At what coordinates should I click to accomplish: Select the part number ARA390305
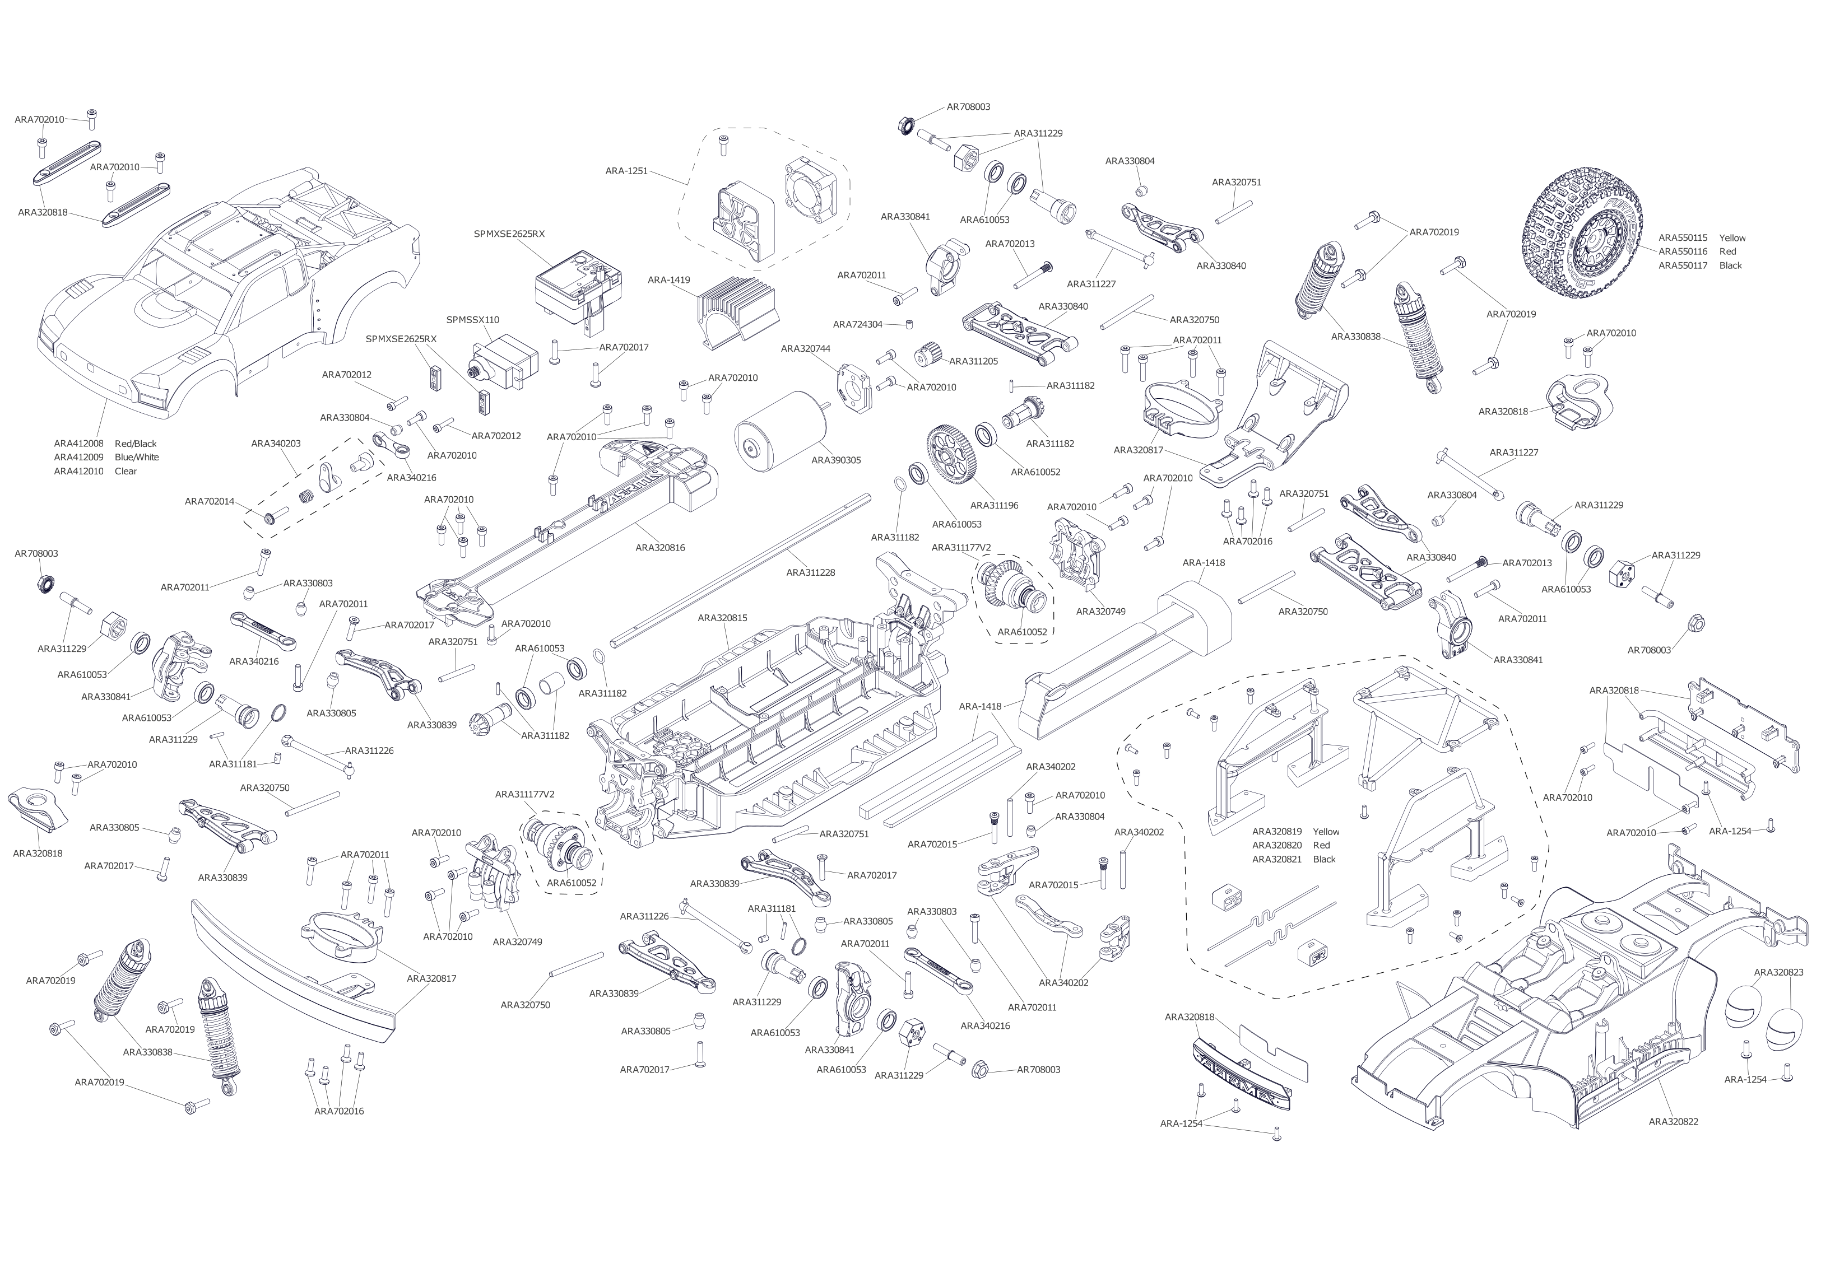[836, 460]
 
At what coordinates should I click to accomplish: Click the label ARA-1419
[668, 280]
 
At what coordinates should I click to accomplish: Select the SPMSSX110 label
[473, 320]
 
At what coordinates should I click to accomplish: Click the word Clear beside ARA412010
[126, 471]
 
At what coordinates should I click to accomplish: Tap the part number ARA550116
[1683, 251]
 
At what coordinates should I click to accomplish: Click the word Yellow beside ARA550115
[1732, 238]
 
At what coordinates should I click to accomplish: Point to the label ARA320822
[1674, 1121]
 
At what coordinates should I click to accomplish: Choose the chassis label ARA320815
[723, 618]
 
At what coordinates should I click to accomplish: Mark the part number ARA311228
[811, 572]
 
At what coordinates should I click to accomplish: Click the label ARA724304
[857, 324]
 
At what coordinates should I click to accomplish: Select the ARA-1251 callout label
[626, 170]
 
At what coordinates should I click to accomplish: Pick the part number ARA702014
[210, 501]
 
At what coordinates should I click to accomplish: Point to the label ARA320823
[1778, 972]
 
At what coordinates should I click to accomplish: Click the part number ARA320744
[806, 349]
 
